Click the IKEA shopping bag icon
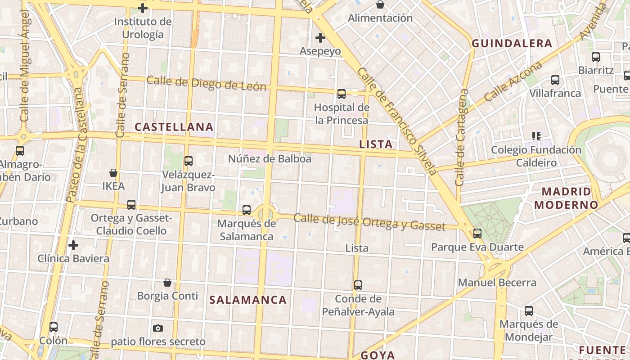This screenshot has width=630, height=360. [113, 173]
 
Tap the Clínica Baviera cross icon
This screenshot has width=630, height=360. [73, 245]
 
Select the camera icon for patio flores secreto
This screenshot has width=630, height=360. [158, 328]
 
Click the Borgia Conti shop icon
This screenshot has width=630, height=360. [167, 283]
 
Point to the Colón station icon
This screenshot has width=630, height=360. [54, 327]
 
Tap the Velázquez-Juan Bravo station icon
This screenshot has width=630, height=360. [189, 161]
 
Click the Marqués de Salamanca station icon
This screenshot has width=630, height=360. [246, 210]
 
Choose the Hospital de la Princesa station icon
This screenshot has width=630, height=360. [342, 94]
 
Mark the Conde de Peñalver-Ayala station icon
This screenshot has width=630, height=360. [358, 285]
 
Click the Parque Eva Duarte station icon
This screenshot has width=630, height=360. [477, 233]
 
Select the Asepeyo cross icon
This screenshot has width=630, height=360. [320, 38]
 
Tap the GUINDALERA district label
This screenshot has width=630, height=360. [512, 43]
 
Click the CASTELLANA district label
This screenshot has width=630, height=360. [174, 127]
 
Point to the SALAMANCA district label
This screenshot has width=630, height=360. [248, 300]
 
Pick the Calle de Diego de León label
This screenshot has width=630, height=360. [207, 84]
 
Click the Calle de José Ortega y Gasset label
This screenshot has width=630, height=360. [369, 222]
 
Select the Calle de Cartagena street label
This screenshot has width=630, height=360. [462, 137]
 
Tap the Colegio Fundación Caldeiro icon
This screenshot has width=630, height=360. [536, 136]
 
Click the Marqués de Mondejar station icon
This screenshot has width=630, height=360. [529, 310]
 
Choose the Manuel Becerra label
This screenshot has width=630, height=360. [497, 283]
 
